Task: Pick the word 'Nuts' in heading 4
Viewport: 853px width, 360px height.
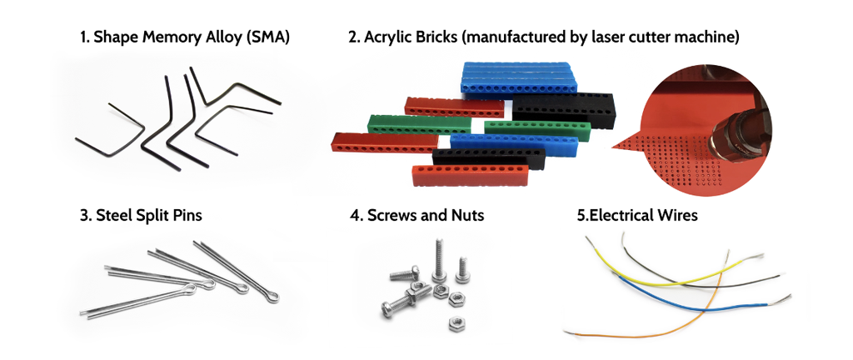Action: pyautogui.click(x=466, y=215)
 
